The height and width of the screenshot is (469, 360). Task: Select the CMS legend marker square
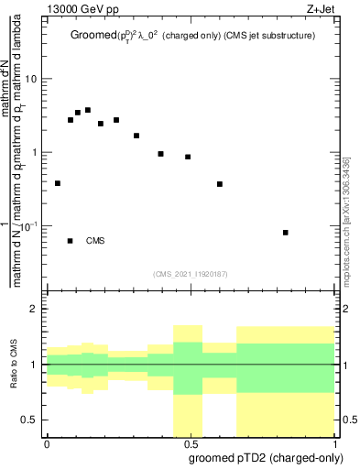coord(71,241)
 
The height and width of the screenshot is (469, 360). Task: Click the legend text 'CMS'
coord(95,241)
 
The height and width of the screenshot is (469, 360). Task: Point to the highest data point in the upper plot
coord(88,110)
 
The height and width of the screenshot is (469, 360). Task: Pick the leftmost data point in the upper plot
coord(58,183)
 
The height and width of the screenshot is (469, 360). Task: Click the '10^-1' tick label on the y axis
coord(29,225)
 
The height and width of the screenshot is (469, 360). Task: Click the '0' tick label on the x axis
coord(47,443)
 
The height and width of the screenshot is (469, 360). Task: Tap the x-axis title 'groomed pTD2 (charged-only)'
coord(267,457)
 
